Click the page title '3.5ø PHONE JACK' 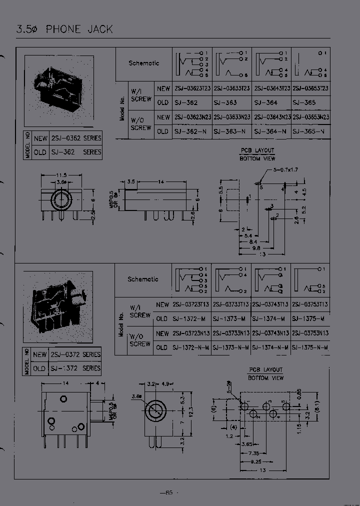point(64,29)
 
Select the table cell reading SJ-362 point(185,102)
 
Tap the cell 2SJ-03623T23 point(192,88)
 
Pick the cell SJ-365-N point(310,131)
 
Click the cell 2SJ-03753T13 point(310,304)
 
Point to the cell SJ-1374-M point(269,319)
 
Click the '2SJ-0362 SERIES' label point(75,138)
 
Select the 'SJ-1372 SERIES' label point(75,368)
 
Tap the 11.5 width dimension point(61,175)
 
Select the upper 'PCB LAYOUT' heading point(257,150)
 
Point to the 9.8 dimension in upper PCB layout point(256,247)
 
